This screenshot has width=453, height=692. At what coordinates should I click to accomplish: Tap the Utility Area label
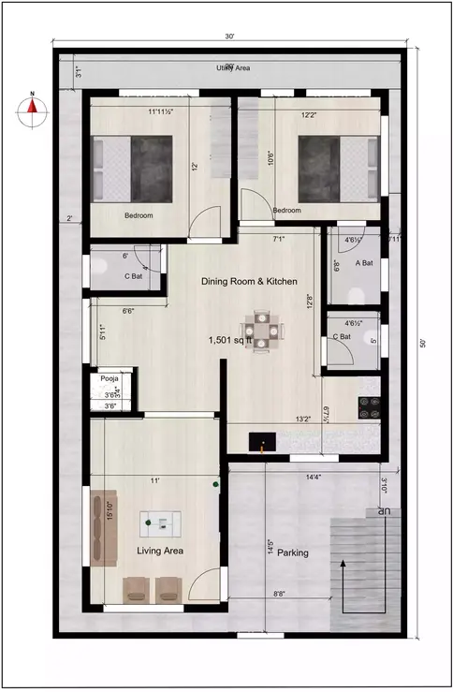click(x=230, y=68)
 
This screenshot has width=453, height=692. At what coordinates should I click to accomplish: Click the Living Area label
click(x=160, y=552)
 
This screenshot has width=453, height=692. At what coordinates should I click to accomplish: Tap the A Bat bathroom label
click(x=364, y=263)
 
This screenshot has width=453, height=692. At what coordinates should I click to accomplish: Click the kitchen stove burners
click(x=368, y=406)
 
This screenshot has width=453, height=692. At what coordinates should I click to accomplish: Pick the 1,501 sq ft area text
click(x=237, y=342)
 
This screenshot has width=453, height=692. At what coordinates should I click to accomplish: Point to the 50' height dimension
click(x=423, y=344)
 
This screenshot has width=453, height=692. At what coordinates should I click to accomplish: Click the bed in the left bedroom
click(x=132, y=169)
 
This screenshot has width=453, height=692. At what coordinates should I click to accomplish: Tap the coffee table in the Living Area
click(x=157, y=521)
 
